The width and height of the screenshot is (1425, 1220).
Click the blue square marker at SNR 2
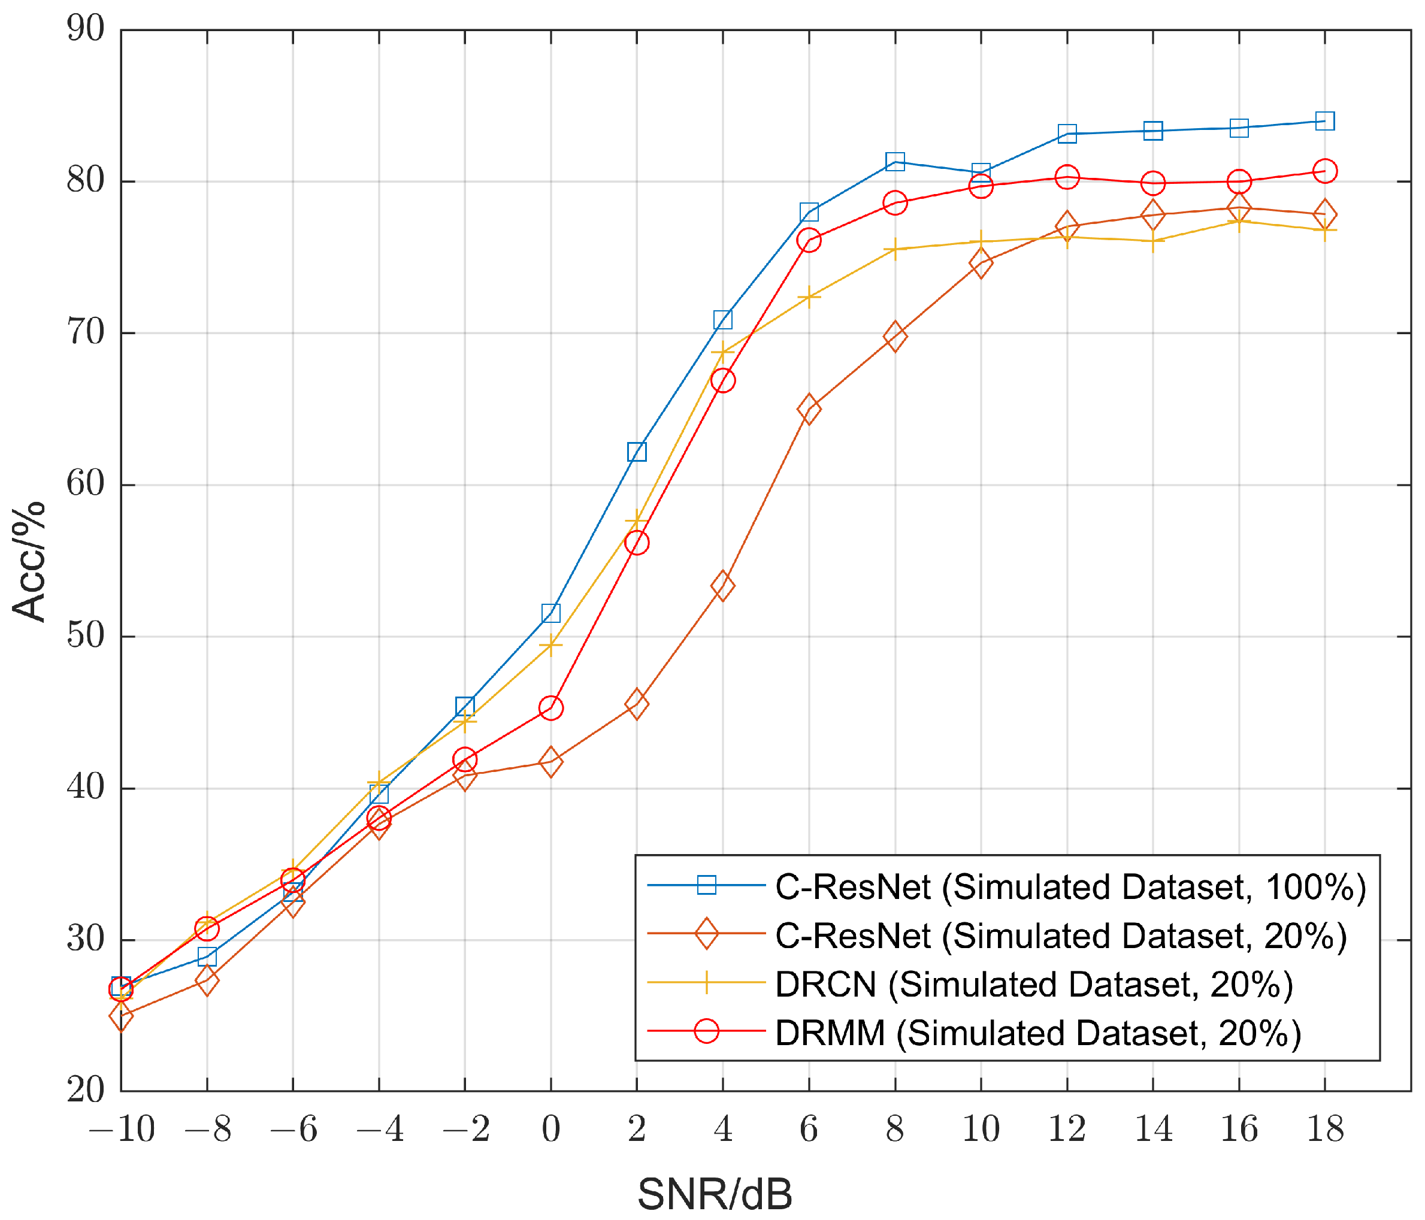tap(637, 452)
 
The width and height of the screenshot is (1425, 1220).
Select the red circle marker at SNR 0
tap(551, 708)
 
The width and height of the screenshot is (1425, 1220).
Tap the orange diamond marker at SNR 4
tap(723, 586)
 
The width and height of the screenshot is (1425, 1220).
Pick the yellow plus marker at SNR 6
tap(809, 298)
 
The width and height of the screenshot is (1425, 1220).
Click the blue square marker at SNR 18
tap(1324, 121)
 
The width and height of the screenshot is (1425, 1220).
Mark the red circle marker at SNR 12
tap(1067, 177)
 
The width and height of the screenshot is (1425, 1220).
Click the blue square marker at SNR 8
tap(895, 162)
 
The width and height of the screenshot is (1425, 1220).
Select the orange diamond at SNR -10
tap(121, 1016)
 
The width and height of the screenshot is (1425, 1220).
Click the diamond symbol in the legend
tap(706, 934)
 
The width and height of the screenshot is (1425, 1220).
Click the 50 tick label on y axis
tap(85, 636)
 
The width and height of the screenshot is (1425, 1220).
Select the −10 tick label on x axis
tap(122, 1128)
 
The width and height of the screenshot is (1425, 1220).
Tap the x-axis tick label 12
tap(1067, 1128)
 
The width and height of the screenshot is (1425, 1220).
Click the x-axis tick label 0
tap(551, 1128)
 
